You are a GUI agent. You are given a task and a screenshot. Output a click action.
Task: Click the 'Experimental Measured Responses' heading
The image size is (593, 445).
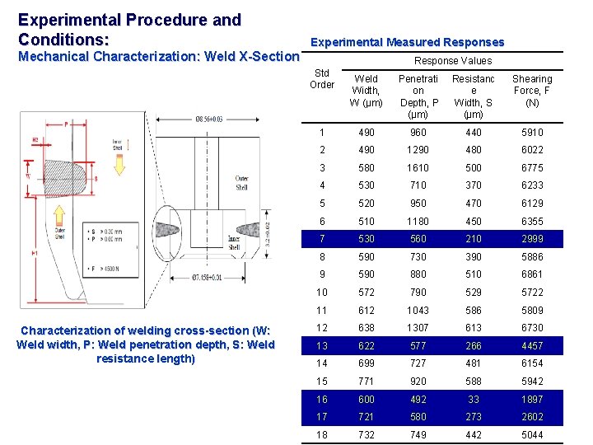click(407, 42)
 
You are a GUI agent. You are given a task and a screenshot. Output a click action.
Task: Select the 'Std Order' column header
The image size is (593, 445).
click(322, 79)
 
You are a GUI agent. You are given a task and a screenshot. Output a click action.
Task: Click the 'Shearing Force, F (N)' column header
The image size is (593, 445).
click(532, 91)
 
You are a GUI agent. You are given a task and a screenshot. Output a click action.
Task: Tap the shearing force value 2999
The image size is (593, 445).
click(532, 239)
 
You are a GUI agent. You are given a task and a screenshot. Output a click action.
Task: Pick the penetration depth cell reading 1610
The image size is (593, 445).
click(419, 168)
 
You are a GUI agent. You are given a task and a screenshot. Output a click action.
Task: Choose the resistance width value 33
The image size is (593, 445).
click(474, 400)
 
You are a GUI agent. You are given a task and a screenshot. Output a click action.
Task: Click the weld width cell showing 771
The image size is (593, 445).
click(366, 382)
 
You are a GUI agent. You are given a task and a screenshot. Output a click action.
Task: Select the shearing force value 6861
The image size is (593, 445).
click(532, 274)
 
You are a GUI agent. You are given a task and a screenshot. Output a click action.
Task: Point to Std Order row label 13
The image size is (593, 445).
click(322, 346)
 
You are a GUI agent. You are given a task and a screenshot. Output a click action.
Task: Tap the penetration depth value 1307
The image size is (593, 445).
click(419, 328)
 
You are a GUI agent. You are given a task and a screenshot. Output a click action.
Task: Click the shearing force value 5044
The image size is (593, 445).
click(532, 435)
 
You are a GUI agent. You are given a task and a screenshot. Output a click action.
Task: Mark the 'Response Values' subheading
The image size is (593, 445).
click(452, 61)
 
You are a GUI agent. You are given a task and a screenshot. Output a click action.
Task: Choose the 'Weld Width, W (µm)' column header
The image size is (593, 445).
click(366, 91)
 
